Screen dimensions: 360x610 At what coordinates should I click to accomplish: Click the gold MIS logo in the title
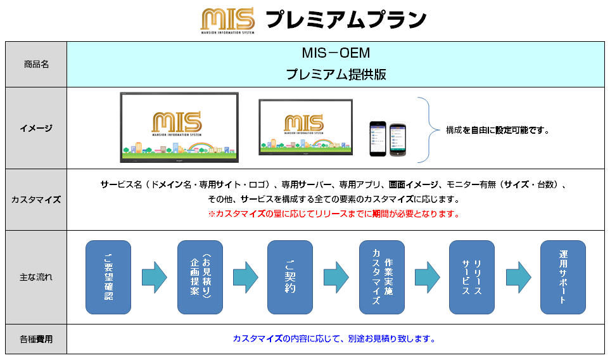[227, 20]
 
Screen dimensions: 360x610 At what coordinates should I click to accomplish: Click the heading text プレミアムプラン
[345, 20]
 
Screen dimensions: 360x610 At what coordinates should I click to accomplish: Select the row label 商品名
[36, 65]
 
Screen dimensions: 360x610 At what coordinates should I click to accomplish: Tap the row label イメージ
[36, 128]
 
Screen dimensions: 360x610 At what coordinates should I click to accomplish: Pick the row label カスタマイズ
[36, 200]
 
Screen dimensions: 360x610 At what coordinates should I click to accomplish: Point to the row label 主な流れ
[36, 277]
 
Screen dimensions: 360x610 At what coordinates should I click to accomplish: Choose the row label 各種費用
[36, 339]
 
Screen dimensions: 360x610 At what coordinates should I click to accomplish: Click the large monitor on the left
[179, 127]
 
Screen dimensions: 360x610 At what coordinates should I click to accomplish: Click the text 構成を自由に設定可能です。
[497, 131]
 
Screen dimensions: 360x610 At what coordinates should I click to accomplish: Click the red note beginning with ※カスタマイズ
[334, 214]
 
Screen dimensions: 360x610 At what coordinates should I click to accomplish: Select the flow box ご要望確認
[108, 277]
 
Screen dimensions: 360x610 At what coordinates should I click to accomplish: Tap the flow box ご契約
[290, 277]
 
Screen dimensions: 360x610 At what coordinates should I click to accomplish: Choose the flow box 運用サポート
[562, 277]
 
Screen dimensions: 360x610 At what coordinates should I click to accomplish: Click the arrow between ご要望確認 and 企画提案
[154, 277]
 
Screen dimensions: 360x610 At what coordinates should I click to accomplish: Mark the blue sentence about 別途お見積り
[334, 338]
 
